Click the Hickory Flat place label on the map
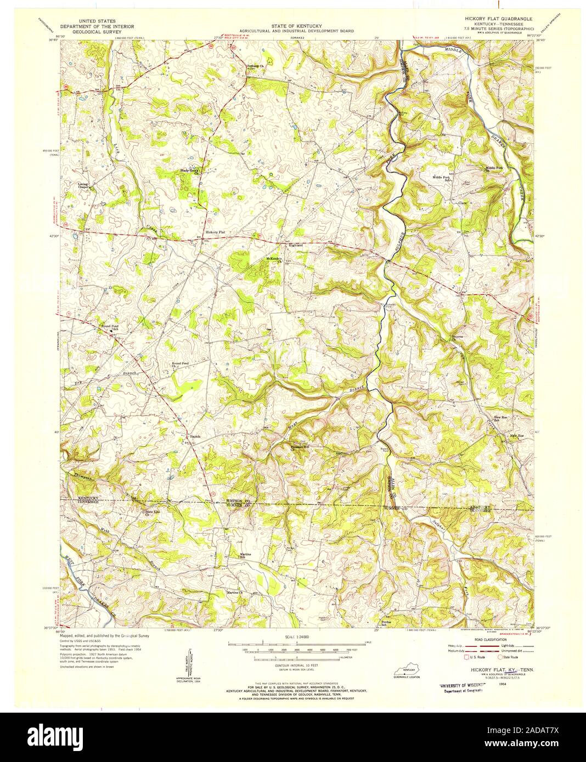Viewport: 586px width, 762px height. tap(216, 232)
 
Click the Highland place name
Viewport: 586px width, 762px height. tap(292, 245)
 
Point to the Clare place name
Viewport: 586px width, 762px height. tap(461, 203)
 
